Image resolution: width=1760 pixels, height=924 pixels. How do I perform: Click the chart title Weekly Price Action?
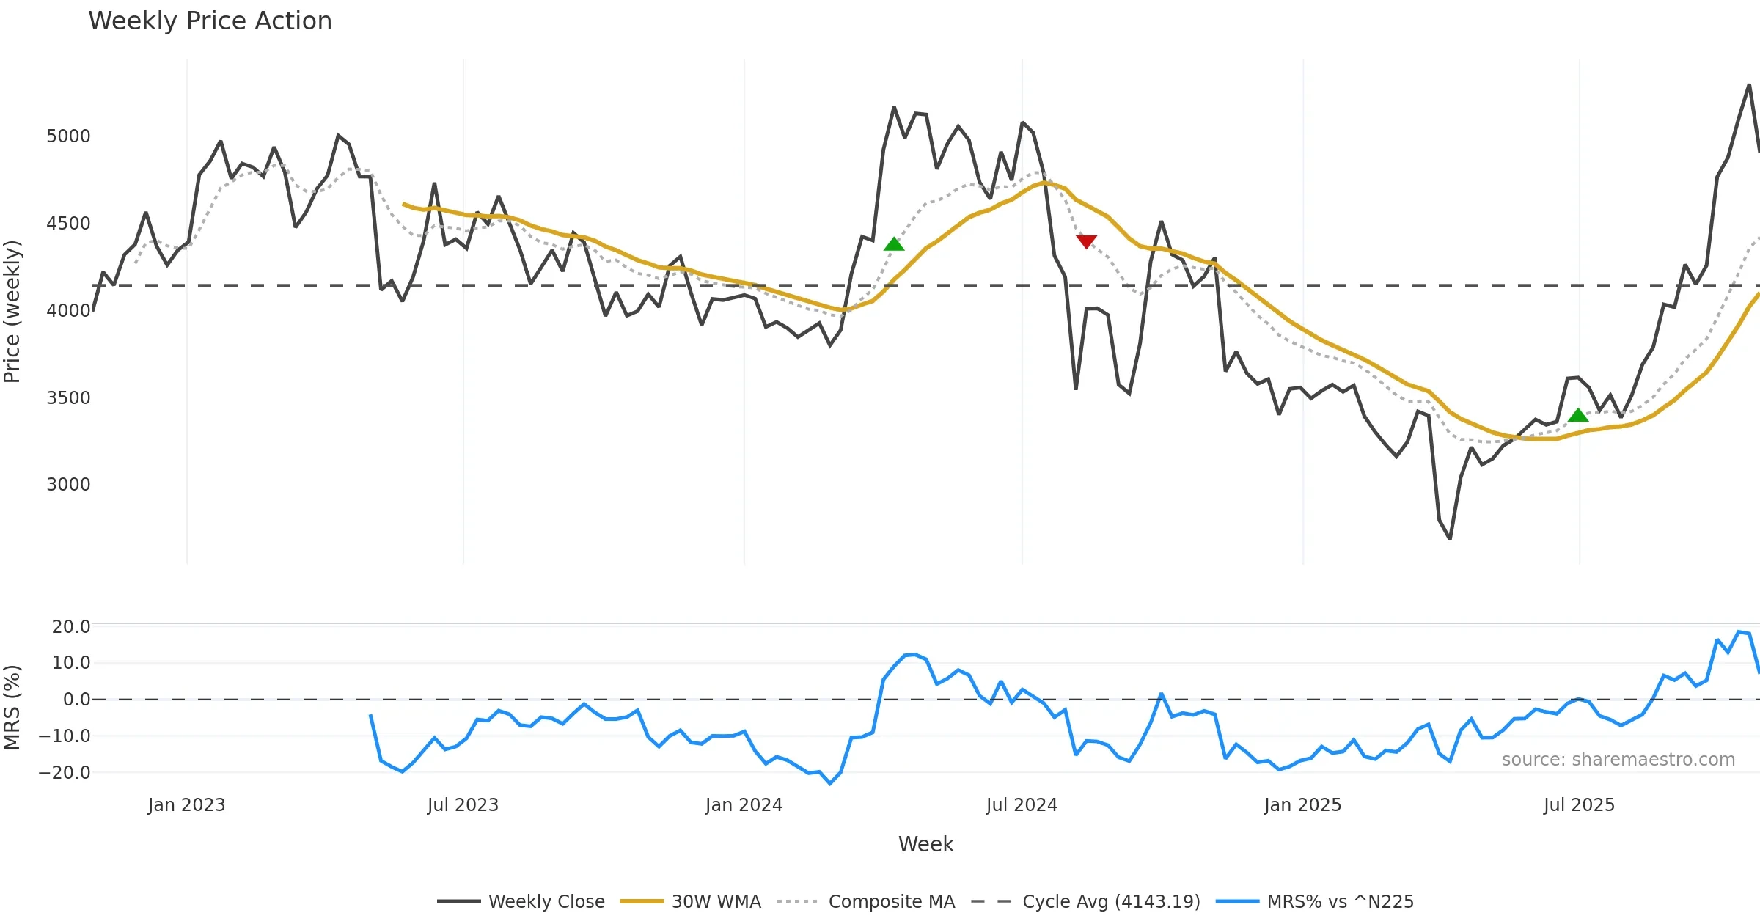coord(210,21)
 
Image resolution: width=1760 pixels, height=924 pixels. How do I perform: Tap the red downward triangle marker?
coord(1086,241)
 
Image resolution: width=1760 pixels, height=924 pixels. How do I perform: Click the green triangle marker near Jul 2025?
coord(1578,415)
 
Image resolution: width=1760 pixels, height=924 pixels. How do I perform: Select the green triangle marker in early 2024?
coord(894,243)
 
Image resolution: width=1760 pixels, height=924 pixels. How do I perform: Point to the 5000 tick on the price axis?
coord(68,136)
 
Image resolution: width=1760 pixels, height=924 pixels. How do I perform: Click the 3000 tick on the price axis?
coord(68,485)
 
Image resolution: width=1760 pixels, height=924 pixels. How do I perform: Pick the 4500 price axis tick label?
coord(68,224)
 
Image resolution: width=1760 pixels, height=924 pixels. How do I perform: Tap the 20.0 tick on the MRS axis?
coord(71,627)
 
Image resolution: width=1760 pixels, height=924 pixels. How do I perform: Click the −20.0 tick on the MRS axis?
coord(65,773)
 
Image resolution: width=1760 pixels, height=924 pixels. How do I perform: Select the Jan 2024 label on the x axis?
coord(744,805)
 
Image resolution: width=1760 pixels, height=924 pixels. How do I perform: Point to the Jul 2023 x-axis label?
coord(463,805)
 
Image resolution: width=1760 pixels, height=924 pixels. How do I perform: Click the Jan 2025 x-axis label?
coord(1302,805)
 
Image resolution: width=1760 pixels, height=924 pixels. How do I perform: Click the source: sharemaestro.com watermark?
coord(1618,760)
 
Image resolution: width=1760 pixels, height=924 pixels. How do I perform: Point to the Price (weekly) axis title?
coord(12,312)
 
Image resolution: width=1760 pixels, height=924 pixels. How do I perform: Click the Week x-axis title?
coord(925,845)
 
